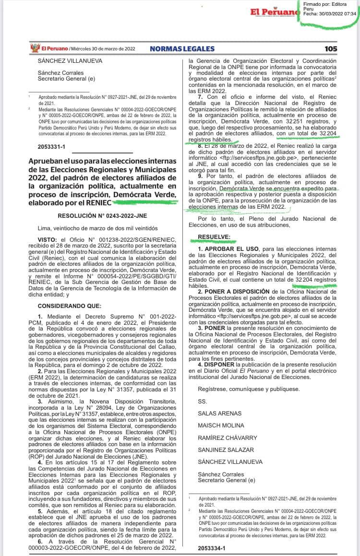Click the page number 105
(x=331, y=48)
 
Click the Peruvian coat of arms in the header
(x=34, y=48)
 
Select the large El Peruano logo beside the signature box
(x=271, y=12)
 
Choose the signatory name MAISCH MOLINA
(x=221, y=426)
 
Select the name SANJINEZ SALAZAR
(x=226, y=450)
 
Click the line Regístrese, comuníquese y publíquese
(x=249, y=389)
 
